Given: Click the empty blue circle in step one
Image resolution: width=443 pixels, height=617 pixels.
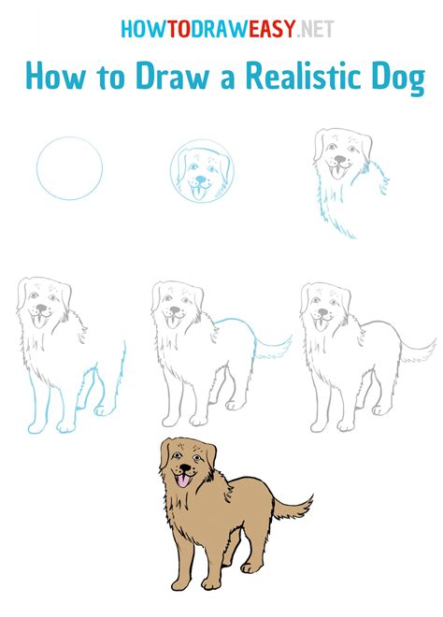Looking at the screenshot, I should pos(69,168).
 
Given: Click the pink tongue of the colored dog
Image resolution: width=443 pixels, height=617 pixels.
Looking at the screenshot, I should pos(180,481).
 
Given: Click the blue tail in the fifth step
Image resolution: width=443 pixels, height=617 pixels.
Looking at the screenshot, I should pos(271,349).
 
